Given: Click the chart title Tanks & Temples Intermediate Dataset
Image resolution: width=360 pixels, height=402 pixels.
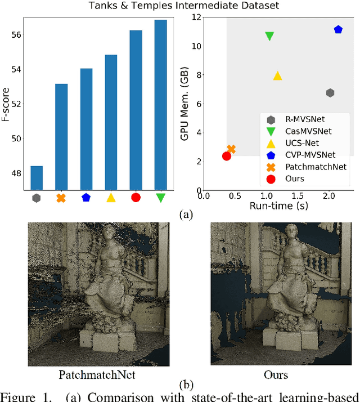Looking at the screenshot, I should coord(179,6).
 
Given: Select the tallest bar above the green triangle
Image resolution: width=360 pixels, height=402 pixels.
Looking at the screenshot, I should coord(160,105).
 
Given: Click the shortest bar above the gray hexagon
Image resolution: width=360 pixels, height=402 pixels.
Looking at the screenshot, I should coord(37,178).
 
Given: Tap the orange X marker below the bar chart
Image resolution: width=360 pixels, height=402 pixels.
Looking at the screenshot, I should coord(61,198).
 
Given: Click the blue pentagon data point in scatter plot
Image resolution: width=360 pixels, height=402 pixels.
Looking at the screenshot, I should coord(338,29).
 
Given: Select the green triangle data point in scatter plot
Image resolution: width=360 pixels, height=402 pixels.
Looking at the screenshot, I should coord(269,37).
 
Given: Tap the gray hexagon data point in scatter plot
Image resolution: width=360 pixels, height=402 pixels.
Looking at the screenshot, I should coord(330,93).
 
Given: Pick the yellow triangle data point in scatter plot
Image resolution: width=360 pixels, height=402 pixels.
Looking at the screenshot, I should coord(277,76).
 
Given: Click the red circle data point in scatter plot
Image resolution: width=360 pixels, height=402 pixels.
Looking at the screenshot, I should coord(227,156).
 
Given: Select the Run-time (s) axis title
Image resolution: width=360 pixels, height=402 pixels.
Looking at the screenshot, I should coord(279,206).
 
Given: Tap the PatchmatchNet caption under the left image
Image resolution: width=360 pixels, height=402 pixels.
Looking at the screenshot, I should coord(91,374).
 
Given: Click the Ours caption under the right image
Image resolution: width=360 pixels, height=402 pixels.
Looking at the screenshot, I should coord(276,374).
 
